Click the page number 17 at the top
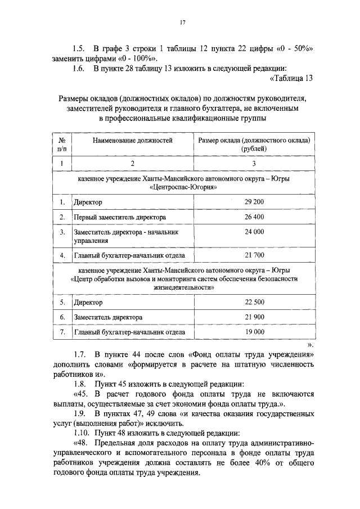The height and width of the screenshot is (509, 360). point(182,22)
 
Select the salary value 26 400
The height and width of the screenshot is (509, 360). point(254,217)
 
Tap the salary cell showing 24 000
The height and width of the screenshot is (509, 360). point(254,231)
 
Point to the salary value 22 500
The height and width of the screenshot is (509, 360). point(254,303)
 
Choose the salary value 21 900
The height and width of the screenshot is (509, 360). point(254,318)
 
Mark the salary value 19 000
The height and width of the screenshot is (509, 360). point(254,332)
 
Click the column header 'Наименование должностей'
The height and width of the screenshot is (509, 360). point(133,139)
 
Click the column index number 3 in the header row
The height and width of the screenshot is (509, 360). point(254,164)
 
